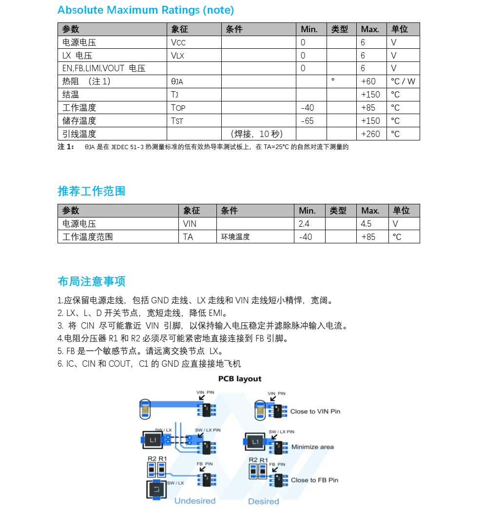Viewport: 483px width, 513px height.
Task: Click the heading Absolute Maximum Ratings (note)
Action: (x=146, y=10)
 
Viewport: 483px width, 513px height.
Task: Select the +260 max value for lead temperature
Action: (x=370, y=134)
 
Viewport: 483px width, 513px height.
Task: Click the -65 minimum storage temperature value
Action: (x=308, y=120)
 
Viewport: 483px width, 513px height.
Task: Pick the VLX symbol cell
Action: (x=178, y=56)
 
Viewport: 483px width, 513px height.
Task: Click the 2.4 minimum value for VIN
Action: (x=304, y=224)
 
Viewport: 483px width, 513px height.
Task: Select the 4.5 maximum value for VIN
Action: (x=366, y=224)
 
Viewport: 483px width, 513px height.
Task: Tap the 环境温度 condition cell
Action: (x=235, y=237)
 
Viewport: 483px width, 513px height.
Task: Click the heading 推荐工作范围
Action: (x=92, y=191)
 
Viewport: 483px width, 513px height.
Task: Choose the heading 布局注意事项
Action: (x=92, y=281)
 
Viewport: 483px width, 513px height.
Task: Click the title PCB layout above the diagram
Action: (x=240, y=379)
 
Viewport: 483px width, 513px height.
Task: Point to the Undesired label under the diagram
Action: (x=195, y=501)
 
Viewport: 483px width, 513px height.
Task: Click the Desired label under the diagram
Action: (x=264, y=501)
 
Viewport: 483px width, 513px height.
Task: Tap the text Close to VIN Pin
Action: (x=315, y=412)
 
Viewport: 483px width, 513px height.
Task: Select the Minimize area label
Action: (x=312, y=447)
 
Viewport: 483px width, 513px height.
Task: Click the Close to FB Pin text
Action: (x=314, y=480)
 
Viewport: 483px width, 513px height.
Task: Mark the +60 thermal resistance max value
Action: (x=368, y=81)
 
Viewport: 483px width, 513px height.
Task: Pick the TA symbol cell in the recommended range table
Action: (x=188, y=237)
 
